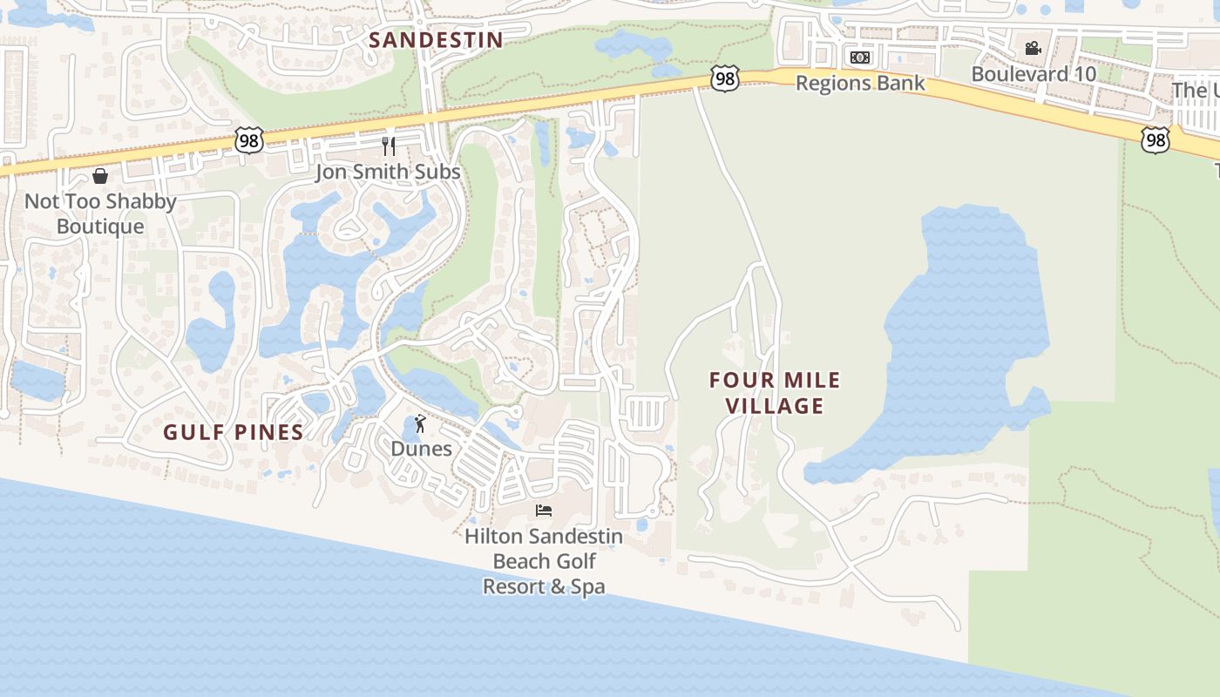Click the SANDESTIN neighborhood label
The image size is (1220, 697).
point(436,40)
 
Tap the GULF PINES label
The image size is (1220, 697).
point(234,432)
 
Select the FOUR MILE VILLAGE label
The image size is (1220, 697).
point(775,393)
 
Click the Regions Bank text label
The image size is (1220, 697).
point(860,84)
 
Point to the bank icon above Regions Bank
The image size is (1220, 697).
point(860,58)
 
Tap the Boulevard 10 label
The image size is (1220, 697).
point(1034,74)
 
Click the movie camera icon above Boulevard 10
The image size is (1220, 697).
point(1033,49)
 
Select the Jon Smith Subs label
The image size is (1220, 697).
point(388,172)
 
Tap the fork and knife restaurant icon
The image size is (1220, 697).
point(389,145)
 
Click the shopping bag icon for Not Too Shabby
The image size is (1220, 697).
point(100,176)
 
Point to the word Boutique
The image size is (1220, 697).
point(100,227)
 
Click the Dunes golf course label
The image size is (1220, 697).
point(421,450)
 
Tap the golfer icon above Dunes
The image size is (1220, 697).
point(421,424)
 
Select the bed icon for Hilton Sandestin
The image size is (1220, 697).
point(544,511)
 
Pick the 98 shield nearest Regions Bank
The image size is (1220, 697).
point(725,78)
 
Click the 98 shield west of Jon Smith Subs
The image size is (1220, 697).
point(248,139)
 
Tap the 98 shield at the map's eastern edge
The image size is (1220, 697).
point(1155,139)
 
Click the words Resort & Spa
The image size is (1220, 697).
point(544,586)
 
